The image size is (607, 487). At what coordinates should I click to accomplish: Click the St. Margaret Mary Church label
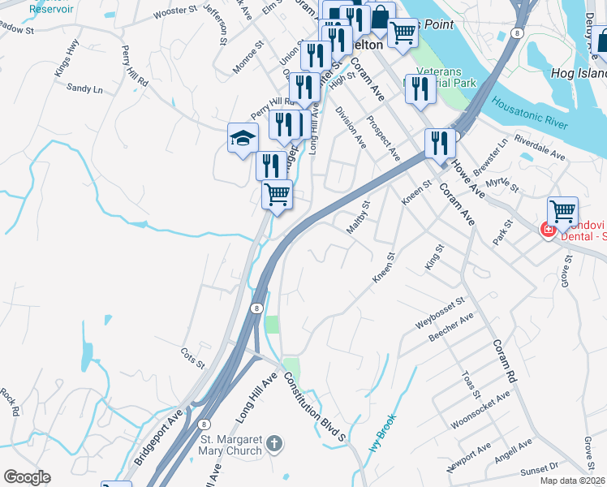[231, 445]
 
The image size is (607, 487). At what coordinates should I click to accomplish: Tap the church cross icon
[274, 444]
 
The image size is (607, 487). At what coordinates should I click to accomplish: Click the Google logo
[27, 477]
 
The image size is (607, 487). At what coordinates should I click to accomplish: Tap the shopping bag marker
[380, 18]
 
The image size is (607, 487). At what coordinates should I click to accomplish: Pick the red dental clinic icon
[548, 230]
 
